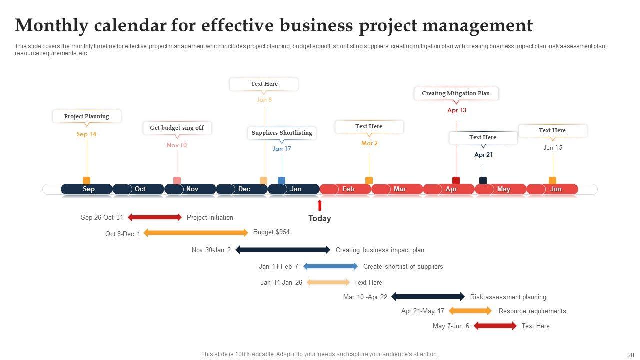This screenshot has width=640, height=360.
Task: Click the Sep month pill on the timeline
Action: tap(87, 189)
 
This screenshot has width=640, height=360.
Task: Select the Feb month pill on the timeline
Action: tap(345, 189)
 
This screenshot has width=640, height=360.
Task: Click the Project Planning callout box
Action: tap(87, 116)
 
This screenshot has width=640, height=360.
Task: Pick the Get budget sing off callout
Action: tap(177, 128)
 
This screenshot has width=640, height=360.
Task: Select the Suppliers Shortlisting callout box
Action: tap(282, 133)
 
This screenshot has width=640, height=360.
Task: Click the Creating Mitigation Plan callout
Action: tap(456, 93)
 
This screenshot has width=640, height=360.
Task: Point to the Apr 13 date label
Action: tap(457, 110)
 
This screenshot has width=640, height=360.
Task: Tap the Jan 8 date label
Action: tap(264, 100)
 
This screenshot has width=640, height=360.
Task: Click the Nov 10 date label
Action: tap(177, 145)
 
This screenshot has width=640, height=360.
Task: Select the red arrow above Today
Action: tap(320, 205)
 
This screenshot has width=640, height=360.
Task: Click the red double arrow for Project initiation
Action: tap(155, 217)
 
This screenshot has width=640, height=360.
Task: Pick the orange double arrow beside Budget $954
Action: tap(196, 233)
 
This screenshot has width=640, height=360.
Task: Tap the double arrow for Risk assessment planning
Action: tap(428, 297)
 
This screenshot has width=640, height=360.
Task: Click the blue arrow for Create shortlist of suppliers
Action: tap(331, 266)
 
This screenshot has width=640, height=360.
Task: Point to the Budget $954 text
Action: tap(271, 232)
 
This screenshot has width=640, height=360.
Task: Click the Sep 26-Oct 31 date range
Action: tap(102, 218)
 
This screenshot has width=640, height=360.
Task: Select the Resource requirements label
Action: tap(532, 311)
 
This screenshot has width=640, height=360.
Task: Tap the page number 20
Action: tap(630, 355)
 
